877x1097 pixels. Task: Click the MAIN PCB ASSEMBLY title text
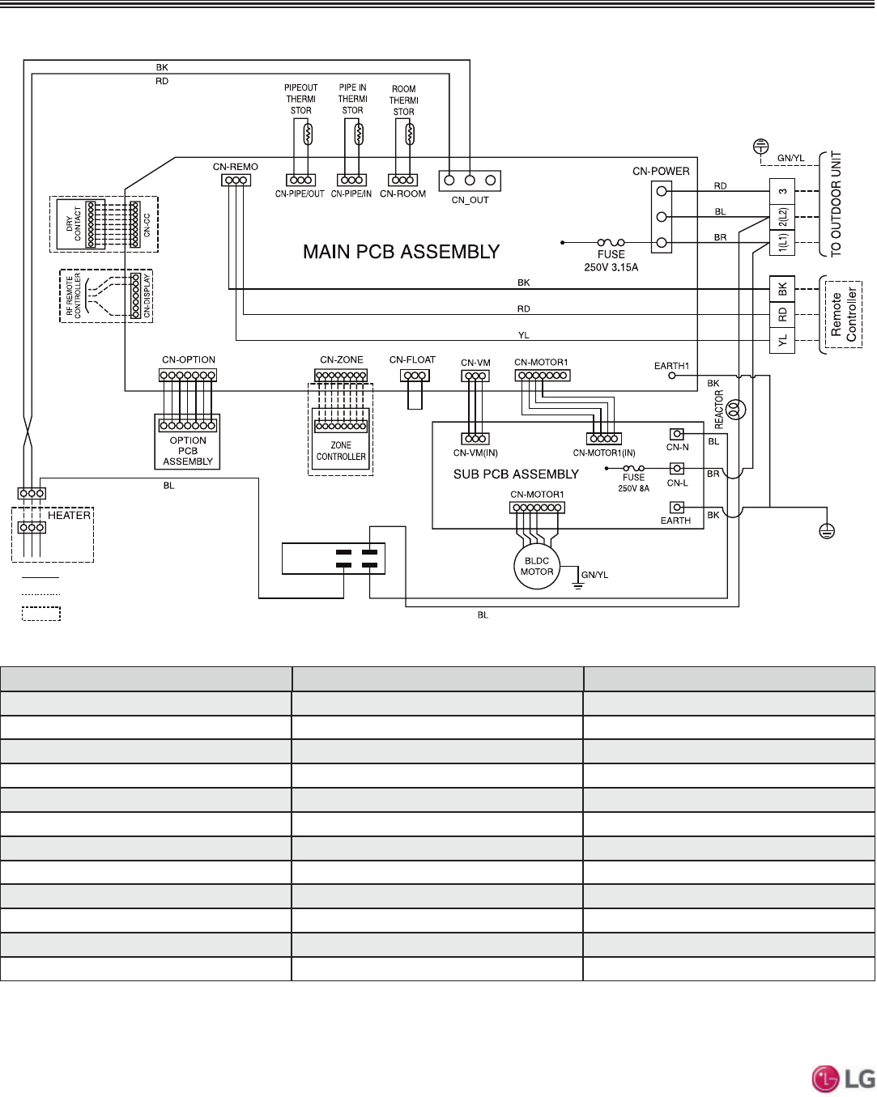click(401, 252)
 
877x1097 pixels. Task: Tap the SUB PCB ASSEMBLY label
click(516, 474)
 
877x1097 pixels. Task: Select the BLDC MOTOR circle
click(537, 567)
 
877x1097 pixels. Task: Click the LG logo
click(843, 1078)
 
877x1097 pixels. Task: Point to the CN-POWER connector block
click(662, 217)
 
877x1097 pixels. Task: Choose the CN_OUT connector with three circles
click(470, 181)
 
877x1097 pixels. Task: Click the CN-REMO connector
click(236, 180)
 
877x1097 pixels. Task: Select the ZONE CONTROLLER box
click(341, 451)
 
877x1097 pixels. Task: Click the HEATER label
click(69, 515)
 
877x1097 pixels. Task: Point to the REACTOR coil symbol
click(735, 409)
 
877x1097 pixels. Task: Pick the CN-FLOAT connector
click(415, 376)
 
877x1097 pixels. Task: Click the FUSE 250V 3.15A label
click(611, 261)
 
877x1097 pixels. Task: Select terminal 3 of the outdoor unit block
click(782, 192)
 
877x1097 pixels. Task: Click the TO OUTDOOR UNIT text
click(837, 204)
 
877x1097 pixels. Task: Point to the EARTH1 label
click(671, 366)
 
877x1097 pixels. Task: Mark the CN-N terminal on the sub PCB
click(677, 435)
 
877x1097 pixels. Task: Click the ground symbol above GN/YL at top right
click(760, 147)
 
